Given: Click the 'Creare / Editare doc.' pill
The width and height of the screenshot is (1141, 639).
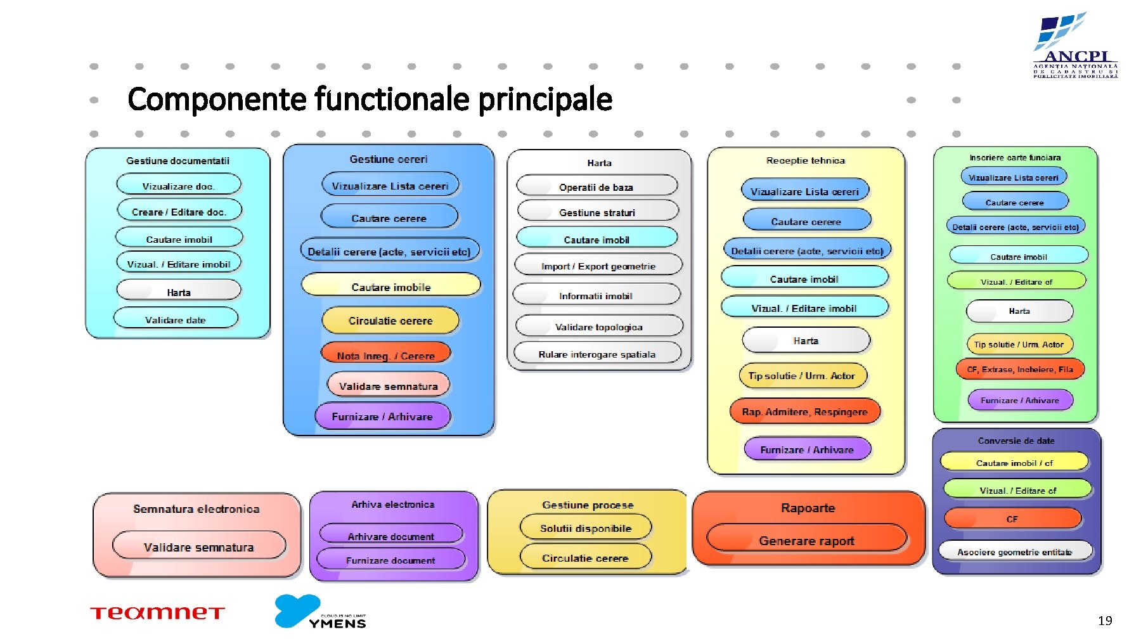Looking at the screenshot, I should [x=179, y=211].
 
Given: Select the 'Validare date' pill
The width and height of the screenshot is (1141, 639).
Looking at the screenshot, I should [x=176, y=319].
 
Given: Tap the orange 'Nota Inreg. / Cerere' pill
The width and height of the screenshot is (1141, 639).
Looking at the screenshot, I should [x=385, y=354].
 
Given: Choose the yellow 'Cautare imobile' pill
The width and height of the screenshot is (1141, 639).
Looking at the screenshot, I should [x=390, y=287].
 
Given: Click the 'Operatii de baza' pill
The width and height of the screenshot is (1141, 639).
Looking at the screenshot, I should [x=596, y=186].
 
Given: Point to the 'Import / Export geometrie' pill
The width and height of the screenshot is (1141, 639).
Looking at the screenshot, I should [x=598, y=266].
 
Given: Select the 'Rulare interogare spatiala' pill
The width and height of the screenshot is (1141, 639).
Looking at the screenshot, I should [x=597, y=354].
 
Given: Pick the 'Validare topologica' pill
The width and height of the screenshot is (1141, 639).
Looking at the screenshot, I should [x=599, y=326].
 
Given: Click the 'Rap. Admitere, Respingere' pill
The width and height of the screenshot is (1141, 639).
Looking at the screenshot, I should [x=804, y=411].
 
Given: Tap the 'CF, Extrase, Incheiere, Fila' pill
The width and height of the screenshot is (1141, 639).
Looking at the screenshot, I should [x=1019, y=369].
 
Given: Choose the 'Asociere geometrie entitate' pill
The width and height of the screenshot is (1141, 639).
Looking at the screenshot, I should [x=1015, y=552].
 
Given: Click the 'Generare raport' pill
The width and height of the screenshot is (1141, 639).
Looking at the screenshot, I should [x=806, y=540].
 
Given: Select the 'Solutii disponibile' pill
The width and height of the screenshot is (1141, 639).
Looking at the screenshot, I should [x=586, y=527].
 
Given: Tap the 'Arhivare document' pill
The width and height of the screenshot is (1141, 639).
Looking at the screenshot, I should [x=390, y=536].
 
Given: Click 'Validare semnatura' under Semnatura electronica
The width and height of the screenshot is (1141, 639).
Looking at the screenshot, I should [x=198, y=546].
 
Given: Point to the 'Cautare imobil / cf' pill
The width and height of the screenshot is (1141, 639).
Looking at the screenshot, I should [x=1014, y=463].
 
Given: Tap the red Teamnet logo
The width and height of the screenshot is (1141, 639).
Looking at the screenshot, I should [x=157, y=612].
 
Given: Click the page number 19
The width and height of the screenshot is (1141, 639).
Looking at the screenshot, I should [x=1105, y=621].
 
